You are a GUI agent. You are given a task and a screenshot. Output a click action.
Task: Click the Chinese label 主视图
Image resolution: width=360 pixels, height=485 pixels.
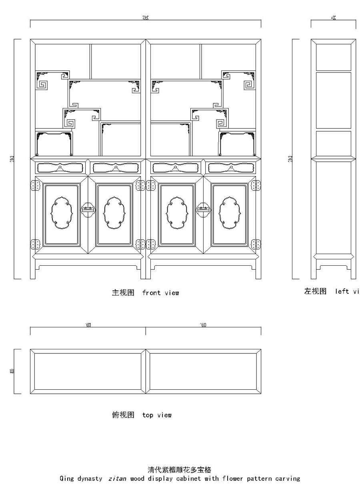tap(122, 293)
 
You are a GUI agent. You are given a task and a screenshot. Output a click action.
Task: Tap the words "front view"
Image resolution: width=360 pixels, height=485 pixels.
tap(160, 293)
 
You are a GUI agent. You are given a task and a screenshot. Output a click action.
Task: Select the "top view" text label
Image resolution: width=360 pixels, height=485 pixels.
tap(157, 415)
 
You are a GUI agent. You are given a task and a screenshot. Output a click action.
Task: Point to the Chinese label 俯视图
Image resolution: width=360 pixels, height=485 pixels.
tap(122, 415)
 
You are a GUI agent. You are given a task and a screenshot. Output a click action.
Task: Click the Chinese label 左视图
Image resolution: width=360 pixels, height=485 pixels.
tap(315, 291)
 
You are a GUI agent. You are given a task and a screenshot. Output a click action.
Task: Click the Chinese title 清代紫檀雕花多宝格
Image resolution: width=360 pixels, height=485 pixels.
tap(179, 469)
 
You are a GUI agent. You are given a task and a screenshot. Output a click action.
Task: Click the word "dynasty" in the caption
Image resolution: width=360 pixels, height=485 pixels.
tap(90, 478)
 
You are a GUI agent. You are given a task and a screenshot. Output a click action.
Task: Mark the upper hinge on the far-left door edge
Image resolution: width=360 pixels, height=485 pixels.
tap(35, 185)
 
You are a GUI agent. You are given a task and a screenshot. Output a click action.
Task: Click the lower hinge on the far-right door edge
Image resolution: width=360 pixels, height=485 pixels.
tap(256, 244)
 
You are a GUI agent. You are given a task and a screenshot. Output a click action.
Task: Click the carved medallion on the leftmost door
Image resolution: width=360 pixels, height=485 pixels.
tap(61, 212)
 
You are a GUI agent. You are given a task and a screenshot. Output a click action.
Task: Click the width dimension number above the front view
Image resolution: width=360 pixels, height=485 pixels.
tap(145, 18)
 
